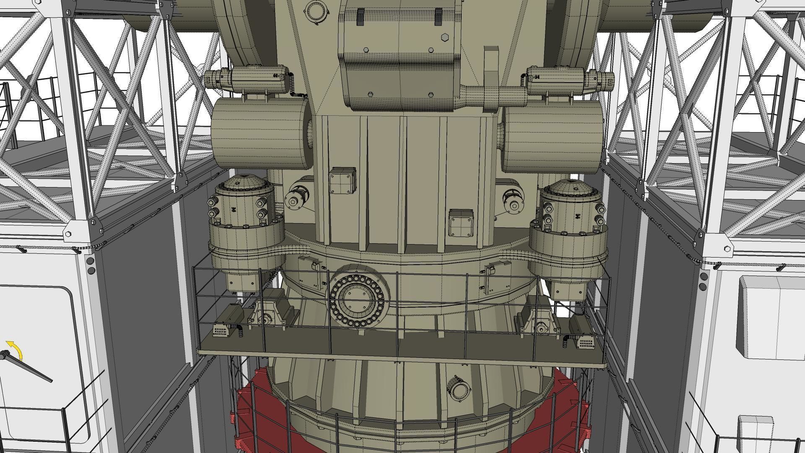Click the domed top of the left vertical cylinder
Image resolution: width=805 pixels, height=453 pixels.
[241, 185]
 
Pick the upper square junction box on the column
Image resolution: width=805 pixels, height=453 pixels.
[343, 181]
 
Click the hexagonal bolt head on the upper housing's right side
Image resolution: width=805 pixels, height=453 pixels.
[445, 38]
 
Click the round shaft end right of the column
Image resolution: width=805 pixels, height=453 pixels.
[513, 205]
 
